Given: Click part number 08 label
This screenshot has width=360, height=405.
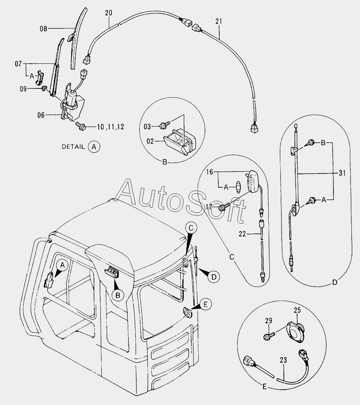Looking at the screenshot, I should pos(44,28).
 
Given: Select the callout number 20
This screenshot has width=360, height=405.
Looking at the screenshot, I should pos(108,13).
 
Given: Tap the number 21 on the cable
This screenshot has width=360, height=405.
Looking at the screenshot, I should pos(218,21).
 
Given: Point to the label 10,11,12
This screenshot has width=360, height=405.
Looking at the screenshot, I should pos(110,127).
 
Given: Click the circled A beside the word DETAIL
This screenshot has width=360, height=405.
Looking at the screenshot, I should pos(94,147).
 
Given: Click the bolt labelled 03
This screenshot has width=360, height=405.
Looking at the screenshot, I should pos(164,124).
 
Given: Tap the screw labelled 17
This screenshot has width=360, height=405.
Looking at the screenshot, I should pos(223,206).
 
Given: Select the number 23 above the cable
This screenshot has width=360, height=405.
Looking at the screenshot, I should pos(283,360).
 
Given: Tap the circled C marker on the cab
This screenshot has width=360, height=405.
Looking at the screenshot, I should pos(191,227).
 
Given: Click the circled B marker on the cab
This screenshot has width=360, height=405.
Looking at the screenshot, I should pos(118,295).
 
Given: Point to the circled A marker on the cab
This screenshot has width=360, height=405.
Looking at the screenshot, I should pos(63,265).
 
